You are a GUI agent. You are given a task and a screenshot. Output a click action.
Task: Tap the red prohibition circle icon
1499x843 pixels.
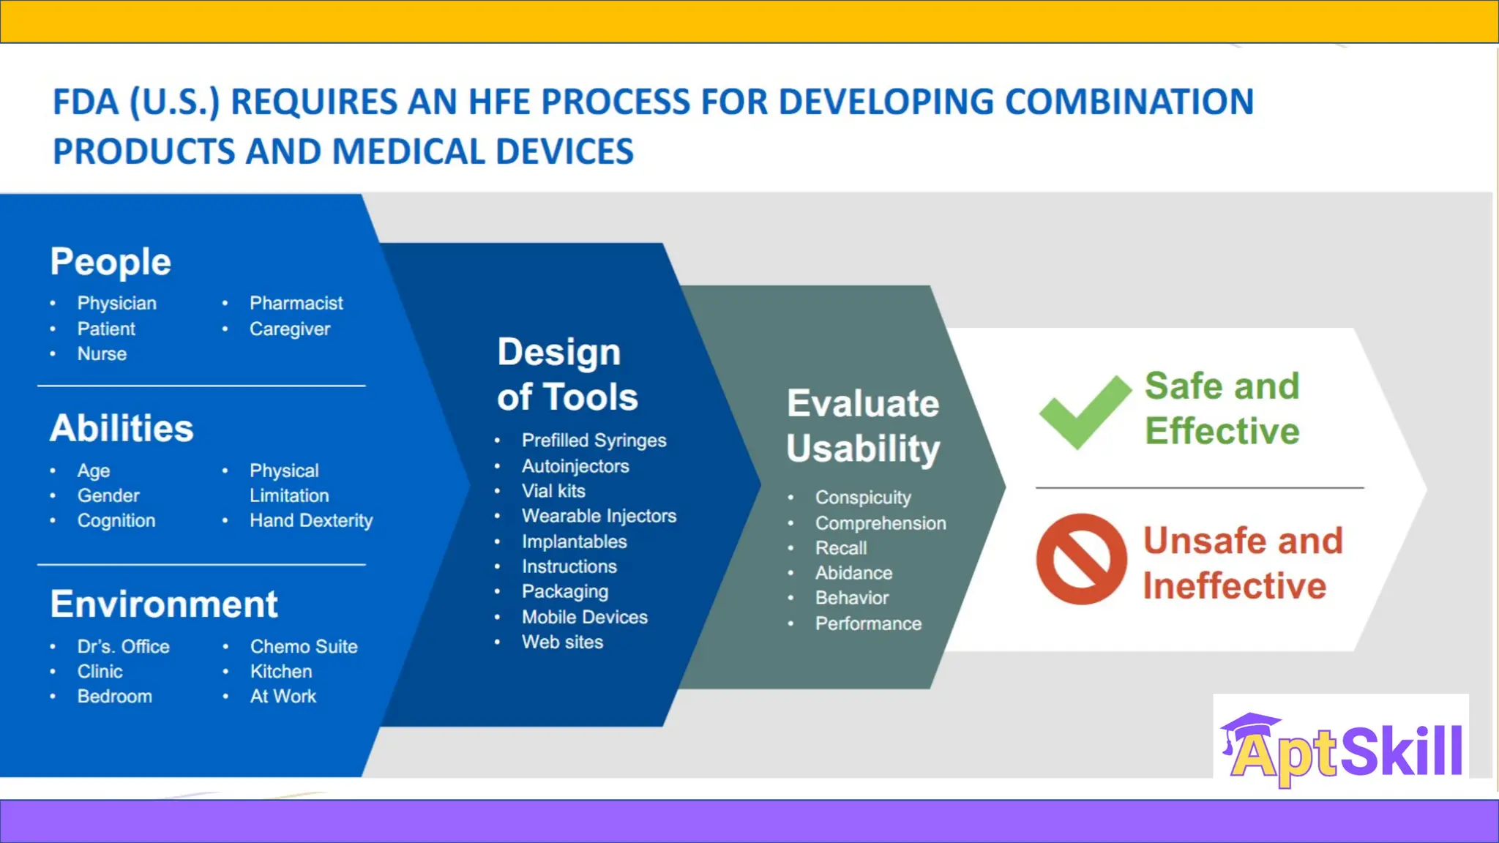point(1081,559)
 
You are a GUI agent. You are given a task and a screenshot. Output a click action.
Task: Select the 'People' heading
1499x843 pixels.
point(111,262)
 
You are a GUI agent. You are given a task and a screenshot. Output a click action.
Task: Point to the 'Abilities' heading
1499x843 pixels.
point(122,428)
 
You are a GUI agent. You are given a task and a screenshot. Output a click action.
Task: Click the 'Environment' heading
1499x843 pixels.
point(164,604)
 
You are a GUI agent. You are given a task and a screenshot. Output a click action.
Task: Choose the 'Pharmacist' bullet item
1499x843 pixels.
point(296,303)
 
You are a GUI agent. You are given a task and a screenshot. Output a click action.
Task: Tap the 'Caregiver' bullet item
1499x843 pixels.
point(289,329)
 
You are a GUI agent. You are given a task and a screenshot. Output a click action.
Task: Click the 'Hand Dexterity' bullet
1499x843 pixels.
point(310,520)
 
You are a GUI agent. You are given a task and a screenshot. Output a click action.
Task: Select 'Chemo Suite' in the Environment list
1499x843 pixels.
point(304,646)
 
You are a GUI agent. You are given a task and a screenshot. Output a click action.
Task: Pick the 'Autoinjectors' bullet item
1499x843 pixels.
point(575,466)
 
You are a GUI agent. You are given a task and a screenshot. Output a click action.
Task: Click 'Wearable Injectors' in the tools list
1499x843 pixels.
point(599,516)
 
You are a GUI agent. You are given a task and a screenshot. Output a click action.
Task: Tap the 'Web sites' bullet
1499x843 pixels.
point(562,642)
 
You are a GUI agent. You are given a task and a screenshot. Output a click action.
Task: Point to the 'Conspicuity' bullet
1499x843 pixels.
point(863,498)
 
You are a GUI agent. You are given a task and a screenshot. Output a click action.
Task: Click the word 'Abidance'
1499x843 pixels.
point(853,573)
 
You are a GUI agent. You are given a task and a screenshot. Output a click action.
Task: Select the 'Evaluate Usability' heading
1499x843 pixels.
point(863,426)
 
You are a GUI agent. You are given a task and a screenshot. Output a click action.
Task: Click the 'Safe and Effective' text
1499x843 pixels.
point(1222,408)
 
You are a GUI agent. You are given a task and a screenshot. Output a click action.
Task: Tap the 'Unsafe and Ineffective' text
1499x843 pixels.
point(1242,563)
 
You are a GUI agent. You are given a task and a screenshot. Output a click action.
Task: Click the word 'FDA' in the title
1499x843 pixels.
point(86,102)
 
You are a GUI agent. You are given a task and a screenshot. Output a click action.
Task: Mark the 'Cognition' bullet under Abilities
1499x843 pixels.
point(116,520)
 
